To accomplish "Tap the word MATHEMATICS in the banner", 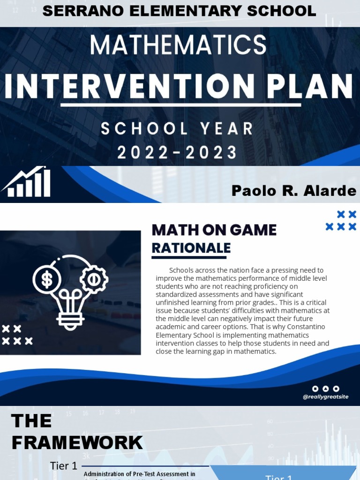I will [x=178, y=45].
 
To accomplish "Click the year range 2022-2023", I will [x=177, y=152].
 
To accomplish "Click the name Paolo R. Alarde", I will [x=293, y=191].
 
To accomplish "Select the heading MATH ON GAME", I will [x=214, y=230].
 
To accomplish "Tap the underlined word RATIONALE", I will [x=191, y=248].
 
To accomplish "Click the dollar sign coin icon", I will [x=47, y=280].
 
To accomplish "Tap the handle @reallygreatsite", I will [x=325, y=397].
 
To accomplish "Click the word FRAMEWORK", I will [x=77, y=442].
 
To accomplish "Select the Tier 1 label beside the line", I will [x=63, y=466].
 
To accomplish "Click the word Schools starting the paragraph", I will [x=182, y=270].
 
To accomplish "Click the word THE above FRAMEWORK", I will [x=31, y=421].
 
